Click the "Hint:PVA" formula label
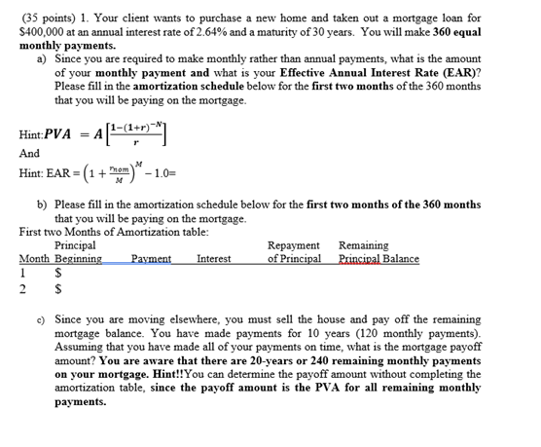[x=44, y=133]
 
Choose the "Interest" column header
[x=213, y=259]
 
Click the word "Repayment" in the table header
[x=293, y=246]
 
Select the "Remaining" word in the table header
[x=363, y=246]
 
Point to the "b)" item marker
[x=41, y=205]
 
